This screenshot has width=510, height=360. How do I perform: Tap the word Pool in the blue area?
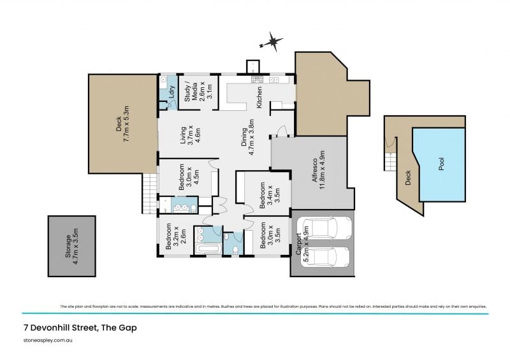pyautogui.click(x=442, y=164)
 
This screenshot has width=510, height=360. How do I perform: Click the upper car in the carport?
pyautogui.click(x=324, y=229)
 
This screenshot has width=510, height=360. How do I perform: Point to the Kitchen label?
pyautogui.click(x=259, y=97)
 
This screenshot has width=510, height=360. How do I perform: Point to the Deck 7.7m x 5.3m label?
pyautogui.click(x=122, y=124)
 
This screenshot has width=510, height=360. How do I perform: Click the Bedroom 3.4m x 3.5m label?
pyautogui.click(x=265, y=196)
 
